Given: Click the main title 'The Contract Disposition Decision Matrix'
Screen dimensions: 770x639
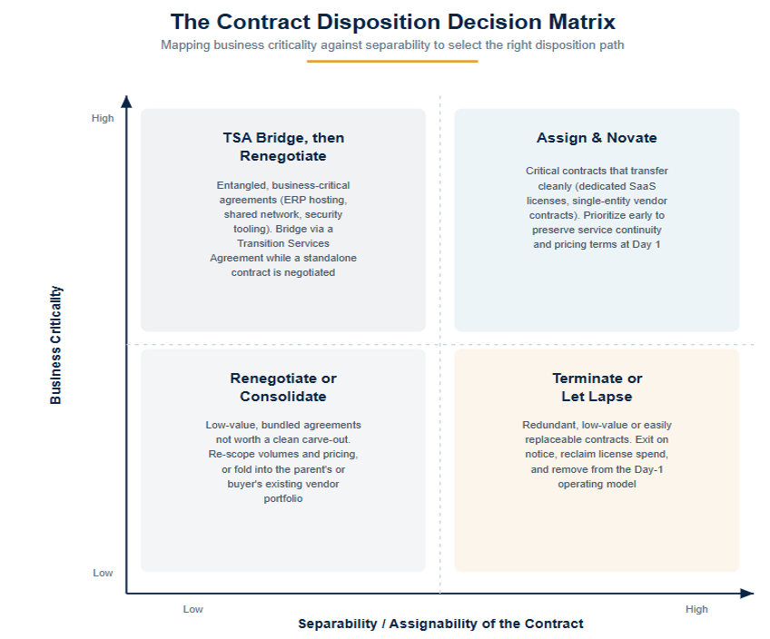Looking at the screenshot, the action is click(x=392, y=22).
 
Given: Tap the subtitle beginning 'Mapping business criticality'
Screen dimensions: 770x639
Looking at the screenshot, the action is click(x=392, y=45).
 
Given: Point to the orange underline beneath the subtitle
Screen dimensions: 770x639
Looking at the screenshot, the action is click(x=392, y=62).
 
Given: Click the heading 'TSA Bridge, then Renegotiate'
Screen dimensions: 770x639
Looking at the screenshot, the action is click(x=283, y=147).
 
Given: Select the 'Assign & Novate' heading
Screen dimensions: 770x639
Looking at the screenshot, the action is click(x=597, y=138).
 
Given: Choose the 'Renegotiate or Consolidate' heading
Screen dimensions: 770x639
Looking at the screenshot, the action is click(x=283, y=388).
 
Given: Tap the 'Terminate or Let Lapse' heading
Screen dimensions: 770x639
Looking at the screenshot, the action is click(x=597, y=388).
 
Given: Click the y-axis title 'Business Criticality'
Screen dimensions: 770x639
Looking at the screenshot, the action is click(x=56, y=345).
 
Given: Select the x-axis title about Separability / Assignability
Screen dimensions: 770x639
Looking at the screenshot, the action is click(x=440, y=624).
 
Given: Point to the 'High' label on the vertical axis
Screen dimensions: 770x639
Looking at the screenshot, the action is click(x=103, y=118).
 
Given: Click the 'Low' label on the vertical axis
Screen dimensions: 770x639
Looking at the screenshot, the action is click(x=104, y=573).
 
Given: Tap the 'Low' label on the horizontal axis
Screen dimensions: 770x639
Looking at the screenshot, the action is click(x=193, y=609).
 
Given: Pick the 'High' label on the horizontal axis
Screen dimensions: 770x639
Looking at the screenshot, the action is click(x=696, y=609).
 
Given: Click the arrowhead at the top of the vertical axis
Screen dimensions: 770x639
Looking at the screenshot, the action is click(x=127, y=101).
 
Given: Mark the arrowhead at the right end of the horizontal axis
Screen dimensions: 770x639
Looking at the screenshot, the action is click(x=747, y=594).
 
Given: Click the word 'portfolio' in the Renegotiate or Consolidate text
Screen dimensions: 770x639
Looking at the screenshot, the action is click(x=283, y=498).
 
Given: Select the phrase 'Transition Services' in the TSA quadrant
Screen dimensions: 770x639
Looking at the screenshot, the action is click(x=283, y=243).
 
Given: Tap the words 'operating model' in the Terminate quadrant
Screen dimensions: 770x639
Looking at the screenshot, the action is click(x=597, y=484).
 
